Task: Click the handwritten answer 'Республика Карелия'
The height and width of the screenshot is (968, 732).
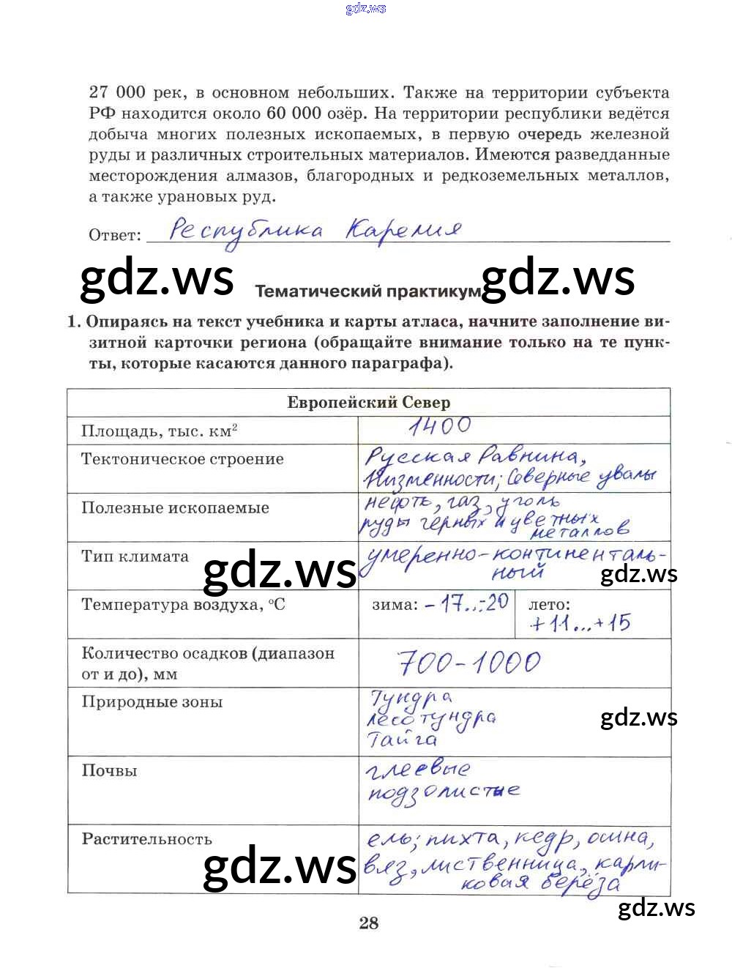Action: click(x=315, y=231)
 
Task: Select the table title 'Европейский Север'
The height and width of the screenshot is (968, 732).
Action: click(x=368, y=402)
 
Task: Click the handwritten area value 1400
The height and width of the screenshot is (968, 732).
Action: click(x=440, y=426)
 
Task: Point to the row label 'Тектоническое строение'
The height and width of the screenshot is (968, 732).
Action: click(x=182, y=459)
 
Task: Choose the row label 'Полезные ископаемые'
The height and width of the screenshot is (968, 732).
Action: click(x=175, y=507)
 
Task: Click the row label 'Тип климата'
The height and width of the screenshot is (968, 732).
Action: click(x=135, y=556)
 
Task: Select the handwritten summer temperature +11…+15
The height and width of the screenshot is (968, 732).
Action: click(x=580, y=624)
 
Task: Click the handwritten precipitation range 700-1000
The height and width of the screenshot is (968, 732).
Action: click(x=469, y=663)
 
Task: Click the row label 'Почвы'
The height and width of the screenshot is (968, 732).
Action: click(x=109, y=770)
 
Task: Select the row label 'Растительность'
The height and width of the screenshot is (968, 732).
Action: click(x=146, y=839)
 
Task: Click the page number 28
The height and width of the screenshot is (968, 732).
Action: click(x=369, y=923)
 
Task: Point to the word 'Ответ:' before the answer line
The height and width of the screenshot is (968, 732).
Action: click(x=115, y=235)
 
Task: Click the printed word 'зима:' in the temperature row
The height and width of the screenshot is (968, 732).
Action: click(x=395, y=605)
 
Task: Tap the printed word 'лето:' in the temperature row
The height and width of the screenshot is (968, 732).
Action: click(x=549, y=605)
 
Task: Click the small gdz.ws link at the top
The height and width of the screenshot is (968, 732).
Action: click(x=365, y=9)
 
